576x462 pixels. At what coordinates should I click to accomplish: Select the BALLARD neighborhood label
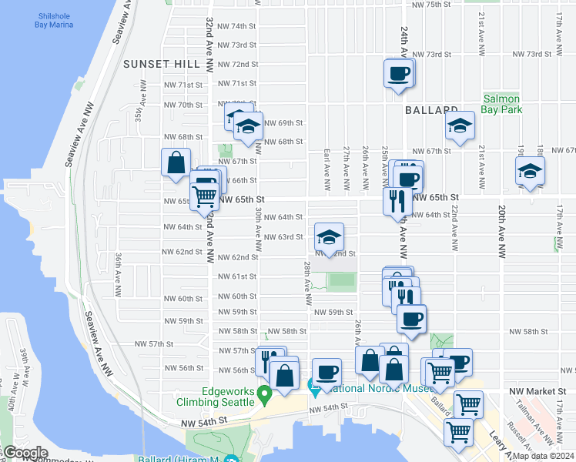(x=432, y=110)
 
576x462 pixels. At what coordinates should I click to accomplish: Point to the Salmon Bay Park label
(x=502, y=104)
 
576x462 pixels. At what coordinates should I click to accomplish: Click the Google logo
(x=25, y=453)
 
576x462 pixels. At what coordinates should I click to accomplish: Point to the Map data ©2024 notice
(x=543, y=456)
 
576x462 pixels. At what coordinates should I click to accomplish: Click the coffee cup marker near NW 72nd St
(x=399, y=75)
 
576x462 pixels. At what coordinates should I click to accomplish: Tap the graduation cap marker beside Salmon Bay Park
(x=459, y=126)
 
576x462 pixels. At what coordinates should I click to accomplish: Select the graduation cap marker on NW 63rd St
(x=329, y=237)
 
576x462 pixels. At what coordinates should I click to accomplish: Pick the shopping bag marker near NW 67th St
(x=176, y=162)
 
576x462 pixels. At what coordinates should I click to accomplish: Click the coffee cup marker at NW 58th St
(x=411, y=319)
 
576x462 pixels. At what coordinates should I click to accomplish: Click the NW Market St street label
(x=537, y=392)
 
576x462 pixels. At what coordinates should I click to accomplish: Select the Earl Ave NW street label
(x=327, y=170)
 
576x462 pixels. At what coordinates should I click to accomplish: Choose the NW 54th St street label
(x=206, y=422)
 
